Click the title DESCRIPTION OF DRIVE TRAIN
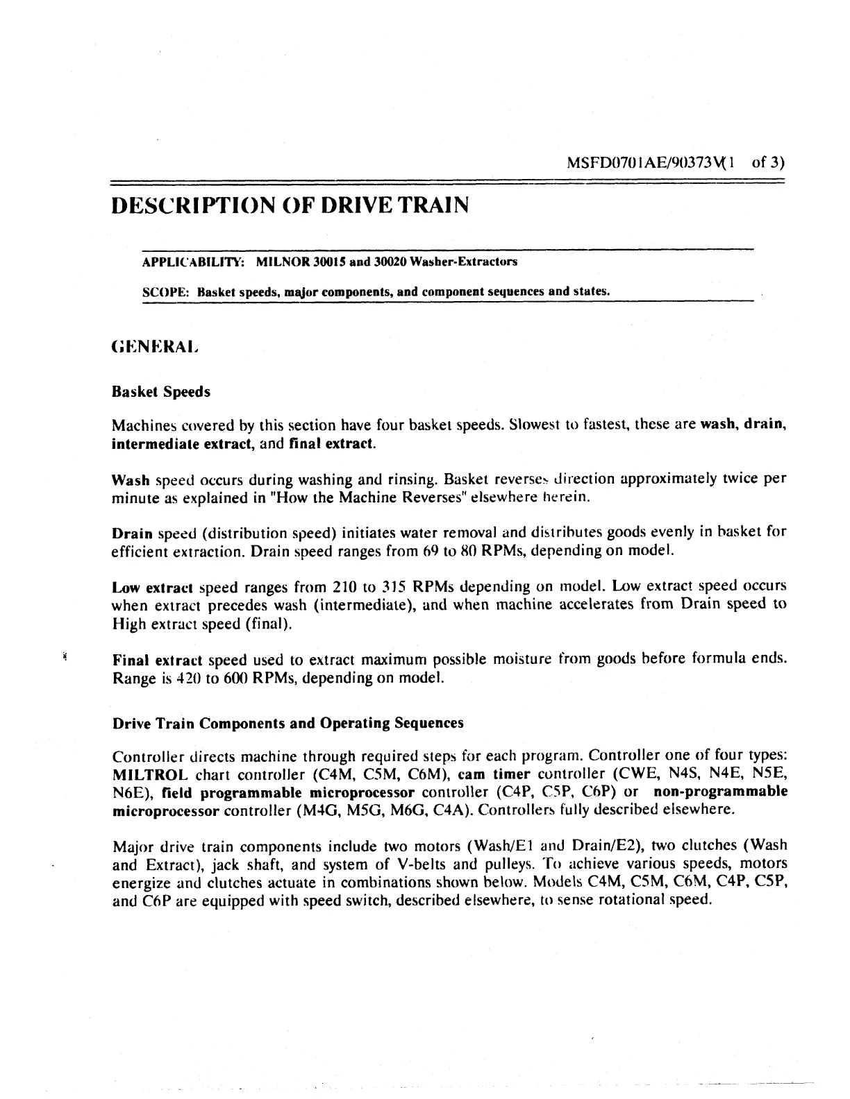[290, 205]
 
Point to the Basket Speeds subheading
[161, 392]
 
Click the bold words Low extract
[152, 588]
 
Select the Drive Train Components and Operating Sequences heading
[287, 724]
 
